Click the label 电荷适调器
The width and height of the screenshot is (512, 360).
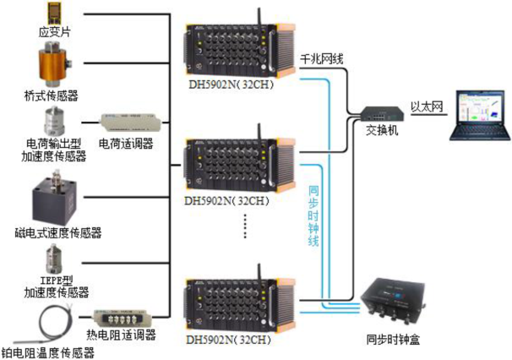point(126,143)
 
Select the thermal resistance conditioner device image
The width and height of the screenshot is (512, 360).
point(123,318)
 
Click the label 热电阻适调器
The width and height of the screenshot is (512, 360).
point(122,335)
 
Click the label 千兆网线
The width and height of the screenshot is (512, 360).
point(322,60)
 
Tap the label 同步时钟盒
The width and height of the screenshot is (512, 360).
point(392,341)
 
